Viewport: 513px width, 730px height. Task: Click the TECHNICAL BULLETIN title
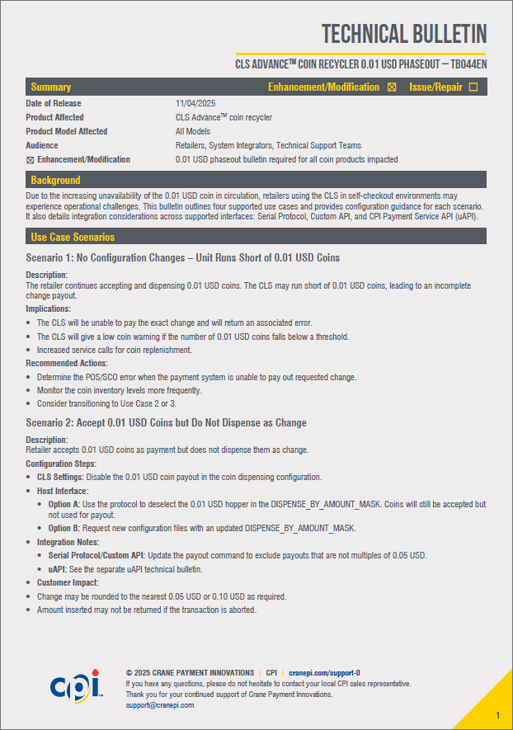tap(403, 34)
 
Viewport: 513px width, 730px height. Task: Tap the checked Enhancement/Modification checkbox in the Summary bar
tap(392, 87)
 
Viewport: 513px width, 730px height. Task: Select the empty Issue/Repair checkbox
tap(473, 87)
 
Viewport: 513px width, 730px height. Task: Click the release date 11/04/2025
tap(195, 103)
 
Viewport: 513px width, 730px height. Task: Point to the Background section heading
tap(55, 180)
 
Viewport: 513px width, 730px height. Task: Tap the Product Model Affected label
tap(66, 131)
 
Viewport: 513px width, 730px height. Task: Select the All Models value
tap(193, 131)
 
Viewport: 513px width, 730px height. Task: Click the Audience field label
tap(42, 145)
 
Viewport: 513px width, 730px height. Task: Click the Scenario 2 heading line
tap(166, 423)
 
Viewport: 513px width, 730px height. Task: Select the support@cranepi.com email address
tap(160, 705)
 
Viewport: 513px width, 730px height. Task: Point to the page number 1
tap(497, 714)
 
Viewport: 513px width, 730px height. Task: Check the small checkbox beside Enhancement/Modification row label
tap(30, 160)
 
